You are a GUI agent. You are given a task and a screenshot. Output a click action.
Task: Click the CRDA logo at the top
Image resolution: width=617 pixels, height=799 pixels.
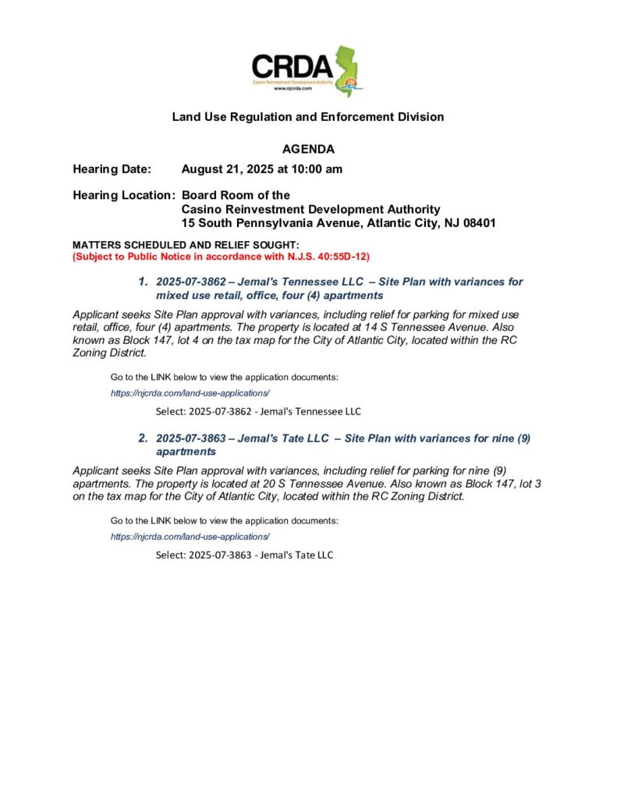click(x=308, y=70)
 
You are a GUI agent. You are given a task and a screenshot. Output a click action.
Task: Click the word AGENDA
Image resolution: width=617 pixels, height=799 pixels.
click(x=308, y=149)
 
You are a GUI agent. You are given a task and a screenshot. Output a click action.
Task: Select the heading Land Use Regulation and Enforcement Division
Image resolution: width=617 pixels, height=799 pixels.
click(x=308, y=117)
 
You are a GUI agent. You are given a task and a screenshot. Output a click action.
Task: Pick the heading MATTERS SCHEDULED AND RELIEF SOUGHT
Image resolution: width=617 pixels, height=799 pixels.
click(x=180, y=246)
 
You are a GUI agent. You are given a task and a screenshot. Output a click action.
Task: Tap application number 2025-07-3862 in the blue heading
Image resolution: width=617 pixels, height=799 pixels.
click(x=191, y=282)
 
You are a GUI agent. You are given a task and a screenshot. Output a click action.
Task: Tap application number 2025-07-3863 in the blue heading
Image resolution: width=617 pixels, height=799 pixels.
click(x=191, y=439)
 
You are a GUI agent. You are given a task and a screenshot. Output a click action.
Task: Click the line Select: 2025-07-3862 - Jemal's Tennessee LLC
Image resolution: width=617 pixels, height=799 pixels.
click(x=258, y=411)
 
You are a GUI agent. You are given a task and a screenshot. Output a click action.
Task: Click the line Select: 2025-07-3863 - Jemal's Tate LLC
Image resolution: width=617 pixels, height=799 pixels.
click(x=244, y=555)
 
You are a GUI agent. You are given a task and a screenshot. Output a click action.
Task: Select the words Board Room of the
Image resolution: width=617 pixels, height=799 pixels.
click(x=236, y=195)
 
